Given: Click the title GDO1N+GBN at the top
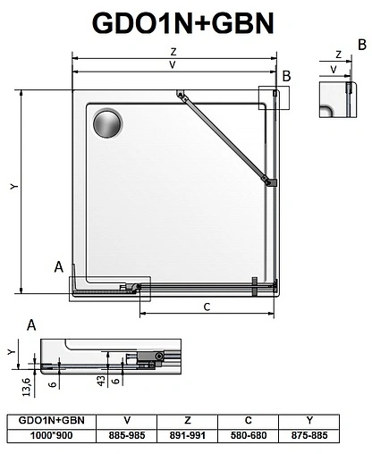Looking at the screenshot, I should pos(186,21).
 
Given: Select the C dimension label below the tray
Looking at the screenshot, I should pos(206,307).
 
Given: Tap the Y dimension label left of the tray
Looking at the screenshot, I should pos(13,187).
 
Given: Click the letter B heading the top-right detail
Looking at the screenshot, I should pos(361,43).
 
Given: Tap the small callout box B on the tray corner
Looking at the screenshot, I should pos(270,97).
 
